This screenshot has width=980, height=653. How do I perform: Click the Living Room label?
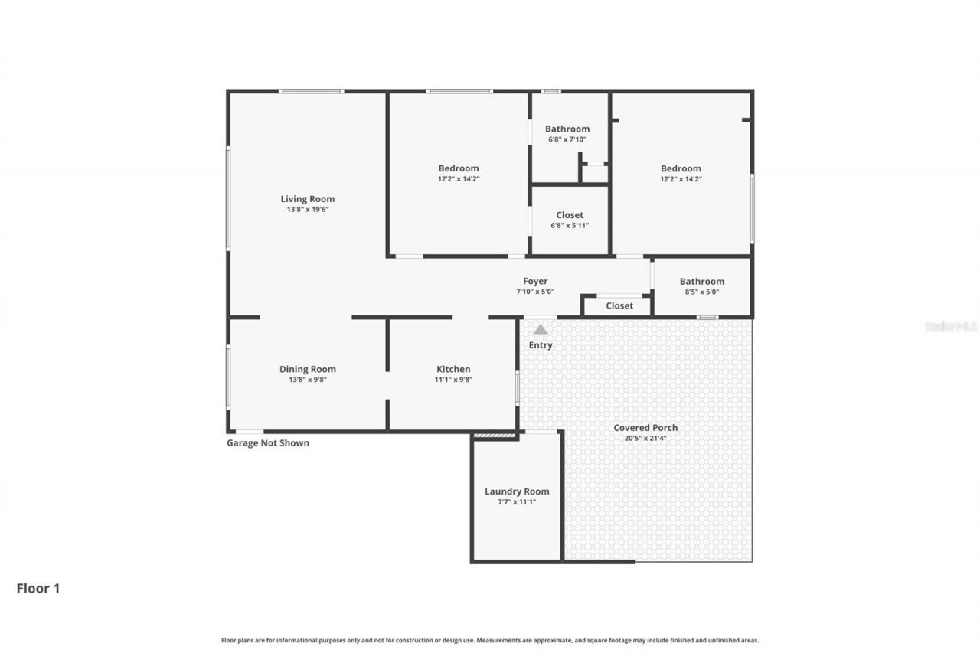[307, 199]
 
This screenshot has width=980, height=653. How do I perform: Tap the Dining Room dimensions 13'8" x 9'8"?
[307, 380]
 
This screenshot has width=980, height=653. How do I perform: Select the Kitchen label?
[453, 369]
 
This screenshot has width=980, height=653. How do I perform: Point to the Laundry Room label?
[517, 491]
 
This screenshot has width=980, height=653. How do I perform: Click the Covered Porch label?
[645, 428]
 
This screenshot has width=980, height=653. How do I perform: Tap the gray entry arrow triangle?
[541, 329]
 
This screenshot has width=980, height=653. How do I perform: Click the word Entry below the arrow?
[541, 345]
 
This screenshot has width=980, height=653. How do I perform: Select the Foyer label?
[535, 281]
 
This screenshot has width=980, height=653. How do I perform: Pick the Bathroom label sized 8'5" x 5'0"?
[701, 282]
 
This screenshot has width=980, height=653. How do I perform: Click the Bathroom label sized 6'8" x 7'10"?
[567, 129]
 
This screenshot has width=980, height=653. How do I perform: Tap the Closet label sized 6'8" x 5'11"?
[570, 215]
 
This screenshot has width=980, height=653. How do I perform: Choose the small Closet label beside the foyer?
[619, 305]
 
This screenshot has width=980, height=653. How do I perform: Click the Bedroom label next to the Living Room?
[459, 168]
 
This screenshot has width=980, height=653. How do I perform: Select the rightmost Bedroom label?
[681, 168]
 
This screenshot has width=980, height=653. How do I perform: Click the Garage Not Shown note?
[268, 442]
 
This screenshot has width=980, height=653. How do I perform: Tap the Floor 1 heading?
[38, 588]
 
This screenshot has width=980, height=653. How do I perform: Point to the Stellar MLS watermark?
[951, 326]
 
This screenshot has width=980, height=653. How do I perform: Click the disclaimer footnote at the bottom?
[490, 640]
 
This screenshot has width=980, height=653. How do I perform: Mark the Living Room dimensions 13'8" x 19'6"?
[307, 210]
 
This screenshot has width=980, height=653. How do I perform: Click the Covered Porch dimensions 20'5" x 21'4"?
[645, 439]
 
